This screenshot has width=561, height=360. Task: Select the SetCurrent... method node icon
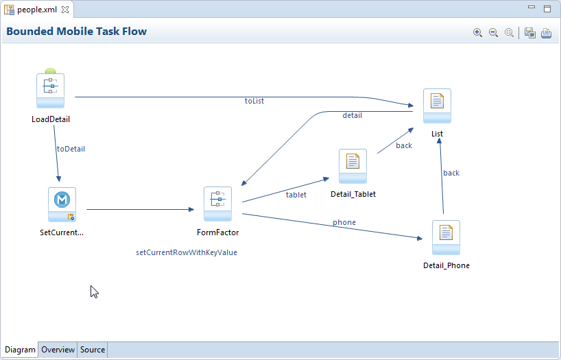coord(62,204)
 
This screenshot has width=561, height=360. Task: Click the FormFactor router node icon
coord(218,204)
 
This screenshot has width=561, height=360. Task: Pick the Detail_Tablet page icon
coord(353,166)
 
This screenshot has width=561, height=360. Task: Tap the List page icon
coord(437,106)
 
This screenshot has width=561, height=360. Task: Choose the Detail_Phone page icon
coord(446,238)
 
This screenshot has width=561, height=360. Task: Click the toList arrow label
coord(254,101)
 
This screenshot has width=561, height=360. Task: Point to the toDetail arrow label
coord(71,149)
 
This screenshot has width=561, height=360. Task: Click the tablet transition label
coord(296,195)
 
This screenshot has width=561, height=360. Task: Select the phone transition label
coord(344,222)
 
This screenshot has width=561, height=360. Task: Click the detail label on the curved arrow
coord(353,115)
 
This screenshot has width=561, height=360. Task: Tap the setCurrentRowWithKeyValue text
coord(187,252)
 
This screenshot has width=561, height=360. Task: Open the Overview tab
coord(58,350)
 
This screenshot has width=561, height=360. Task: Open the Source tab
coord(93,350)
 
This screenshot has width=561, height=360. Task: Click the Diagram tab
coord(20,350)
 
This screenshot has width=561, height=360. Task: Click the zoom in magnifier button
coord(477,32)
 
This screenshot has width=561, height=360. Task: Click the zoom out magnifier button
coord(493,32)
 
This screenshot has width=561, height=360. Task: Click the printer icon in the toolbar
coord(546,33)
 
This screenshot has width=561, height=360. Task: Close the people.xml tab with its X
coord(65,10)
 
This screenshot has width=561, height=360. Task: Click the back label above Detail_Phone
coord(451,173)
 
